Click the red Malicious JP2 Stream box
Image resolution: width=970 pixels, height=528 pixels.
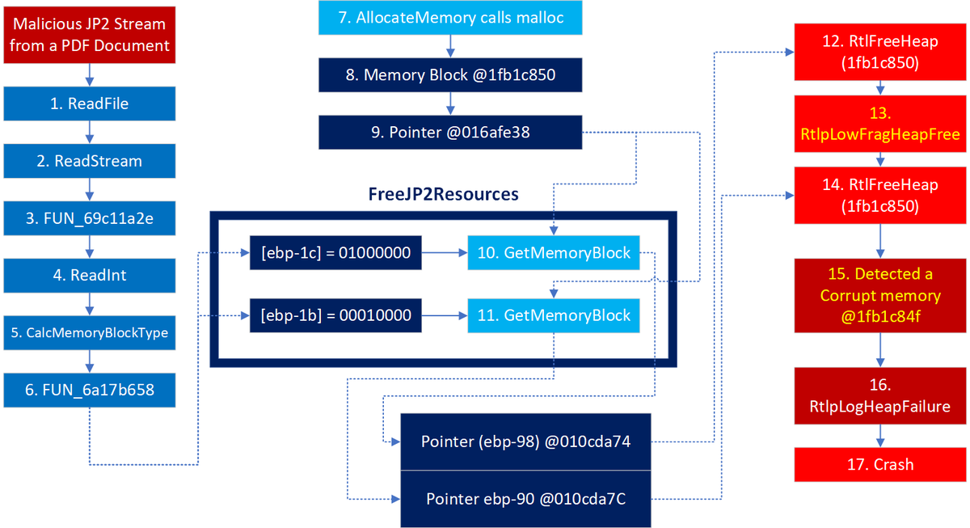click(90, 36)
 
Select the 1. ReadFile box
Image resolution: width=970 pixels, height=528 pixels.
click(90, 103)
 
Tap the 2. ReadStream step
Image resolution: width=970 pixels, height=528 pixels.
click(90, 161)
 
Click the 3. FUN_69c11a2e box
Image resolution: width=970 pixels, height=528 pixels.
click(90, 218)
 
